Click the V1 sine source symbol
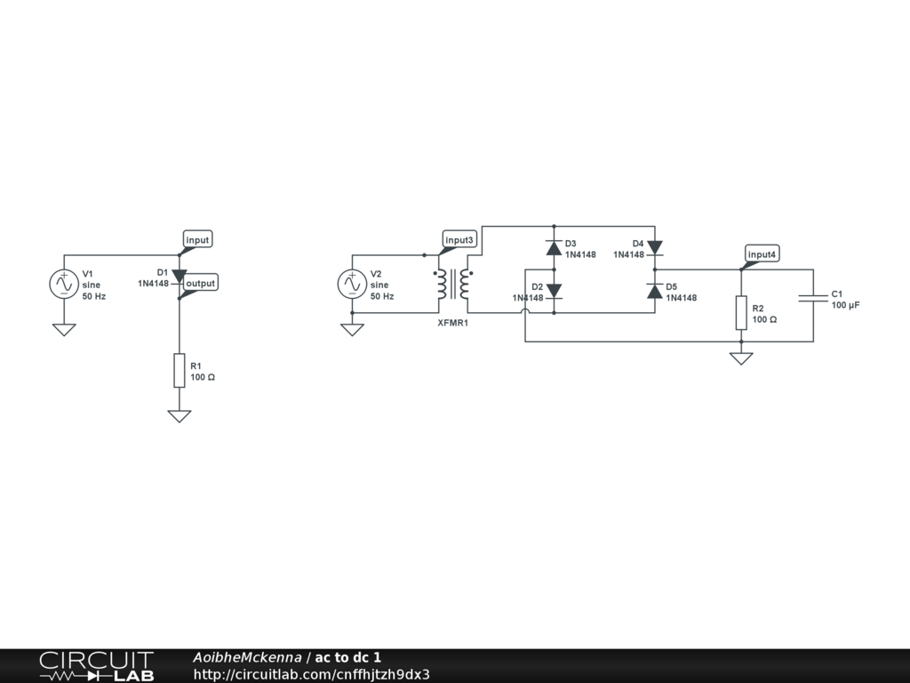tap(63, 284)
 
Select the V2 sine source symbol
tap(352, 284)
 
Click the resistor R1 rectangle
tap(179, 370)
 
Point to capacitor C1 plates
tap(812, 299)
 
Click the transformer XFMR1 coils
tap(452, 284)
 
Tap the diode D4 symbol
tap(654, 247)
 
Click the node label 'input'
tap(197, 240)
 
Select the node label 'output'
tap(200, 283)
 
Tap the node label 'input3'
tap(460, 240)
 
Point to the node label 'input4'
tap(762, 254)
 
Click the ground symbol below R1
tap(179, 415)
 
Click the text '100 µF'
tap(846, 305)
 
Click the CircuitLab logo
tap(96, 666)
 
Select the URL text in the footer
tap(311, 674)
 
